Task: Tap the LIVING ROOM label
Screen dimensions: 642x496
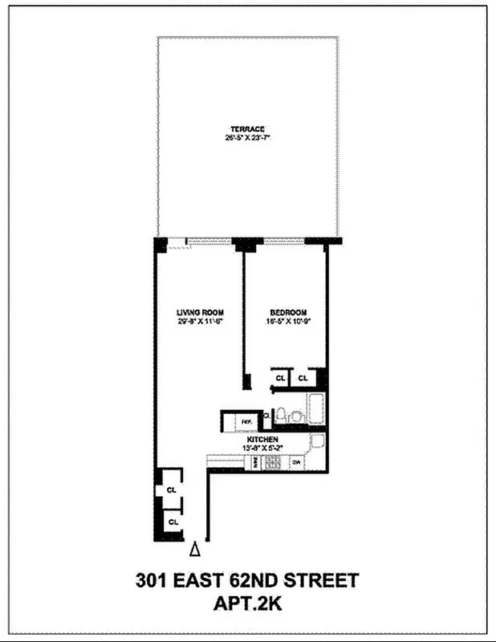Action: click(200, 312)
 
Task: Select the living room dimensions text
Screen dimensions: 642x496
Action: click(200, 321)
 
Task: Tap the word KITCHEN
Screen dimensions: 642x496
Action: click(262, 441)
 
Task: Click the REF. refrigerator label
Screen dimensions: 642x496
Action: click(246, 419)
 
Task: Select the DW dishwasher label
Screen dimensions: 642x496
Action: click(296, 463)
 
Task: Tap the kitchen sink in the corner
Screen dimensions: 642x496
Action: click(317, 441)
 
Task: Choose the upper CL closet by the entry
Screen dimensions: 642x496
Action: click(171, 489)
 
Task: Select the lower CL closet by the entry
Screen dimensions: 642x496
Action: click(171, 522)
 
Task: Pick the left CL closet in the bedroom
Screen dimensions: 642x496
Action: click(280, 377)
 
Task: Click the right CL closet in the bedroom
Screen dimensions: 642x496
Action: click(303, 377)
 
